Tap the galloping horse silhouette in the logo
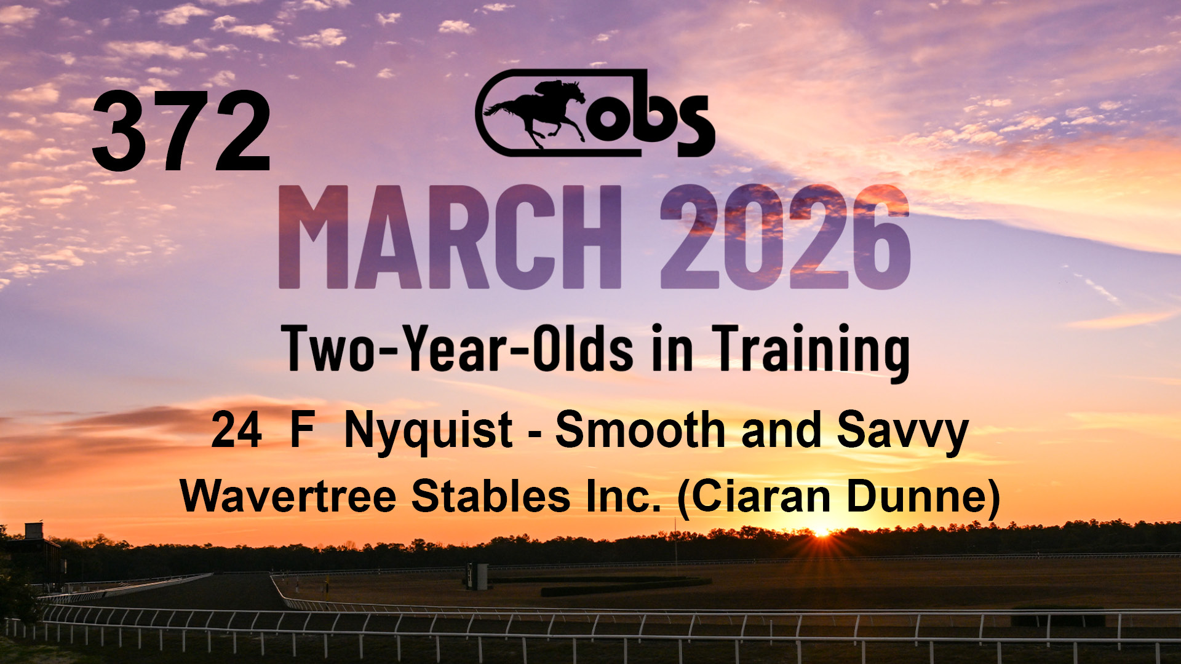pyautogui.click(x=535, y=113)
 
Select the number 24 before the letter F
pyautogui.click(x=237, y=430)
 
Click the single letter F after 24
pyautogui.click(x=303, y=430)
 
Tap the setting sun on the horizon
pyautogui.click(x=821, y=531)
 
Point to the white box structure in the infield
pyautogui.click(x=477, y=576)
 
